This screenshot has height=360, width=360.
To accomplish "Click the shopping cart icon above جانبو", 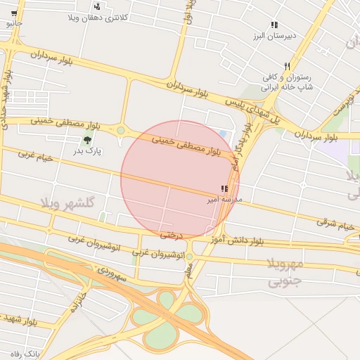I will (13, 13).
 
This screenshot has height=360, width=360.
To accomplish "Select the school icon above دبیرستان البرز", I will (274, 25).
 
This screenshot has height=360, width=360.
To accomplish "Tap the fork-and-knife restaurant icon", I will (287, 66).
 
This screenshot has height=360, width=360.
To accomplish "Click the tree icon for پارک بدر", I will (87, 140).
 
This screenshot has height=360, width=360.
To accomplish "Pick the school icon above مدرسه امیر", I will (224, 189).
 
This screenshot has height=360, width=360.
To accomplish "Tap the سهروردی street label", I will (112, 274).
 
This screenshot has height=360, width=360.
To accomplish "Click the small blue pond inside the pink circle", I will (223, 134).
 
